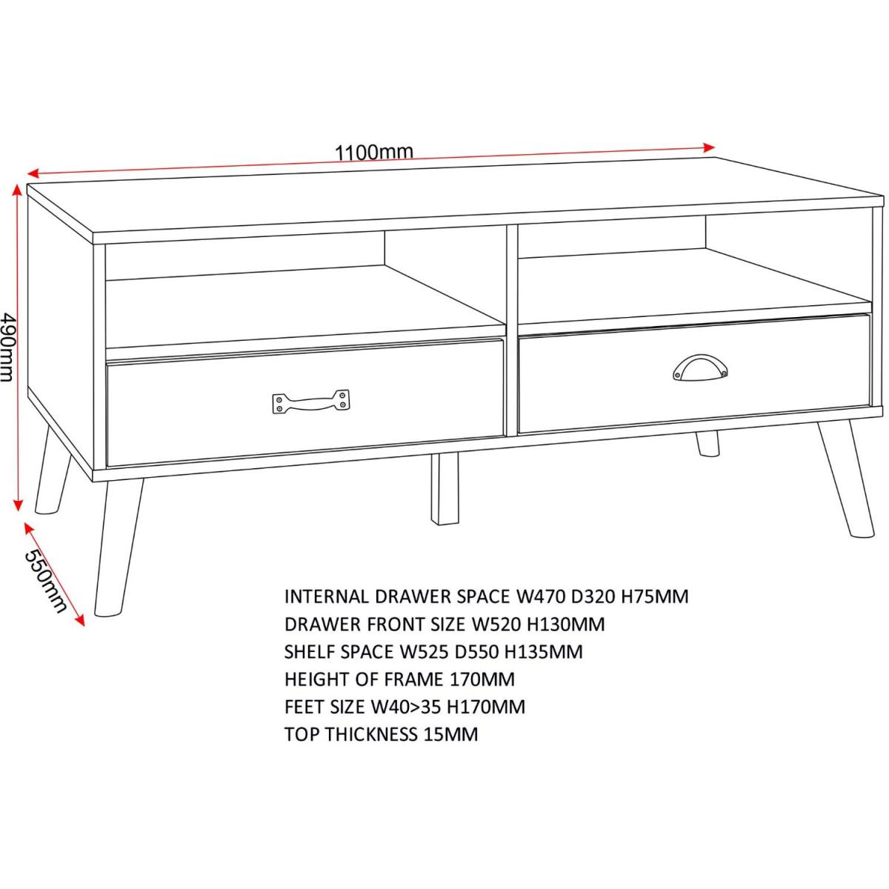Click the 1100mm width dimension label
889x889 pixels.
click(373, 153)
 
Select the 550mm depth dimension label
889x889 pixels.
click(44, 582)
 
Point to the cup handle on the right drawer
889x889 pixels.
click(699, 367)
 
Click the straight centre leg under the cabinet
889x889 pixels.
click(444, 489)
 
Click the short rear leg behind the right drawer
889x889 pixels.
click(707, 444)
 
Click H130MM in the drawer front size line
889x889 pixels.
click(566, 625)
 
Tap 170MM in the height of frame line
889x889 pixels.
click(482, 679)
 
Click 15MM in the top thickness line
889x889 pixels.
click(450, 734)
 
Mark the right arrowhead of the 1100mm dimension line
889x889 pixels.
click(709, 147)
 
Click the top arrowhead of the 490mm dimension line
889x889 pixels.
click(18, 190)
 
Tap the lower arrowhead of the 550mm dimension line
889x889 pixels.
click(81, 621)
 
